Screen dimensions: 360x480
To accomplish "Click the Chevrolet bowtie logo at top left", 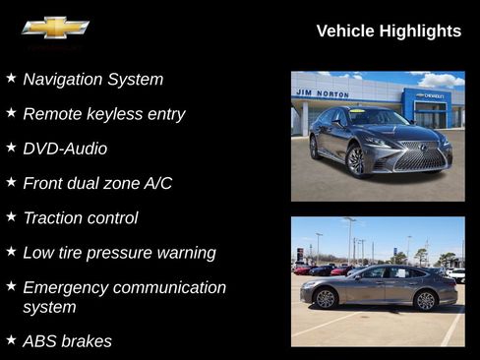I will point(55,28).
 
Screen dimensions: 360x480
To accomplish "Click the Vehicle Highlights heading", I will point(389,31).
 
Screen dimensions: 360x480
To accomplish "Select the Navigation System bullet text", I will point(93,80).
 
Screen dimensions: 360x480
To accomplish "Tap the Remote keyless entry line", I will point(104,114).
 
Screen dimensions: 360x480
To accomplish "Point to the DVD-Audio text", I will point(65,149).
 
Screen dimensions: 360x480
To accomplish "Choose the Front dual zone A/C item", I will point(97,183).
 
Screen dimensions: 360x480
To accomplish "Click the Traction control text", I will point(81,217).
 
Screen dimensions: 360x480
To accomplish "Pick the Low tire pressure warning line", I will point(119,253).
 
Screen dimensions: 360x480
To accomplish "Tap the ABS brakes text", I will point(67,341).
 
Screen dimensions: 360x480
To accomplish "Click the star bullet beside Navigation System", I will point(11,78).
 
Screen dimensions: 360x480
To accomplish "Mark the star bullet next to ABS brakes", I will point(11,339).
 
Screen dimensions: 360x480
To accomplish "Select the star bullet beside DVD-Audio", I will point(11,147).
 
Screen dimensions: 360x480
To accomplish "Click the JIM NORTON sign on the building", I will point(323,93).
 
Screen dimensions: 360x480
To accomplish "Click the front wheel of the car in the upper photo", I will point(355,158).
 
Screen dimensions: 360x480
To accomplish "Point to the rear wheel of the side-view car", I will point(425,300).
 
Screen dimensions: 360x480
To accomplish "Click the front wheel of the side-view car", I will point(326,298).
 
